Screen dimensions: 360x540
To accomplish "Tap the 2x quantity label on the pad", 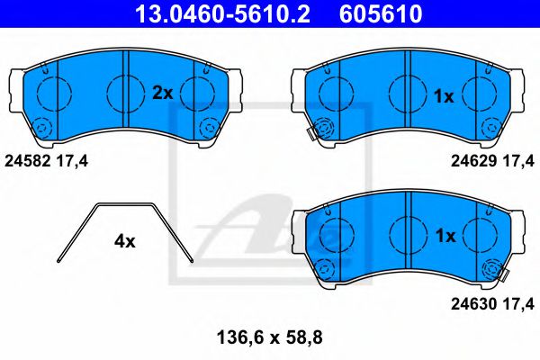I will coord(162,93).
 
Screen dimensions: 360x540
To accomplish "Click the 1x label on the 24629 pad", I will coord(444,95).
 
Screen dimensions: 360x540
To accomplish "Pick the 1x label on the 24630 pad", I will coord(444,236).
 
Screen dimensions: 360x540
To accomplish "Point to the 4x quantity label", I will coord(124,241).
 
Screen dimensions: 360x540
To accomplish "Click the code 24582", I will coord(28,161).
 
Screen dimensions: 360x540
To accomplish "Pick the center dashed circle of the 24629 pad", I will coord(407,92).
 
